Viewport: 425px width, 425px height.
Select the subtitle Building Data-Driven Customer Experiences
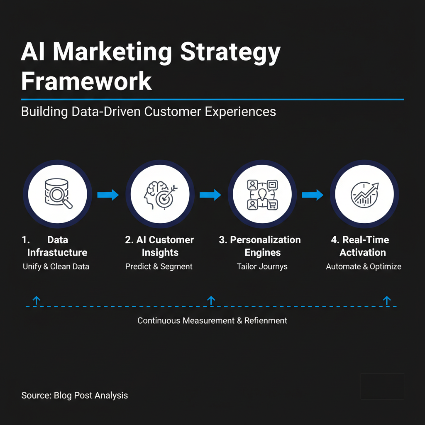point(148,112)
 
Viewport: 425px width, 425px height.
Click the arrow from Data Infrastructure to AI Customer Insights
point(108,195)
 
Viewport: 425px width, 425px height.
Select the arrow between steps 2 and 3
point(210,195)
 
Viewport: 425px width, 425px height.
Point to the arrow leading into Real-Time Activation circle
point(313,195)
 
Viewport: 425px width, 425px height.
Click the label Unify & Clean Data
point(56,266)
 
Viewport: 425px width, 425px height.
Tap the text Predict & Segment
point(159,266)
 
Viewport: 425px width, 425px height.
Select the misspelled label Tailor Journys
point(262,266)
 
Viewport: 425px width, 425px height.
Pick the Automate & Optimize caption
point(364,266)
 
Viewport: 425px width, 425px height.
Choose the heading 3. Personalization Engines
point(260,246)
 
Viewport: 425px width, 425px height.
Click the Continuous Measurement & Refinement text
point(212,320)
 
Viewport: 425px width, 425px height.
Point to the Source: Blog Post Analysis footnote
point(75,395)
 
